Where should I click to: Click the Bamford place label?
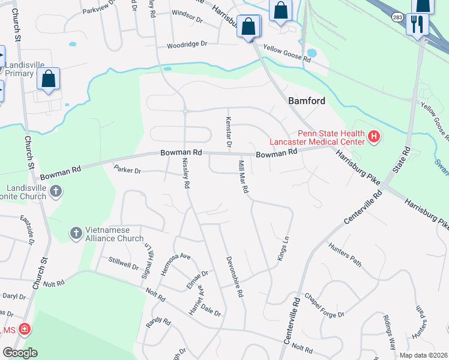(x=307, y=101)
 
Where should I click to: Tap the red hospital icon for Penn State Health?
(x=374, y=137)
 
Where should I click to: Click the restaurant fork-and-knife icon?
(x=416, y=25)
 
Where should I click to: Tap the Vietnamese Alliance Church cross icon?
(x=76, y=233)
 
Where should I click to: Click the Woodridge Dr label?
(x=187, y=44)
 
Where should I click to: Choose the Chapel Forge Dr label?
(x=324, y=305)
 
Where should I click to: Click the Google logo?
(x=20, y=353)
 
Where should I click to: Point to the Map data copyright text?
(x=423, y=355)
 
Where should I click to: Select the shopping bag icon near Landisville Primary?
(x=49, y=80)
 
